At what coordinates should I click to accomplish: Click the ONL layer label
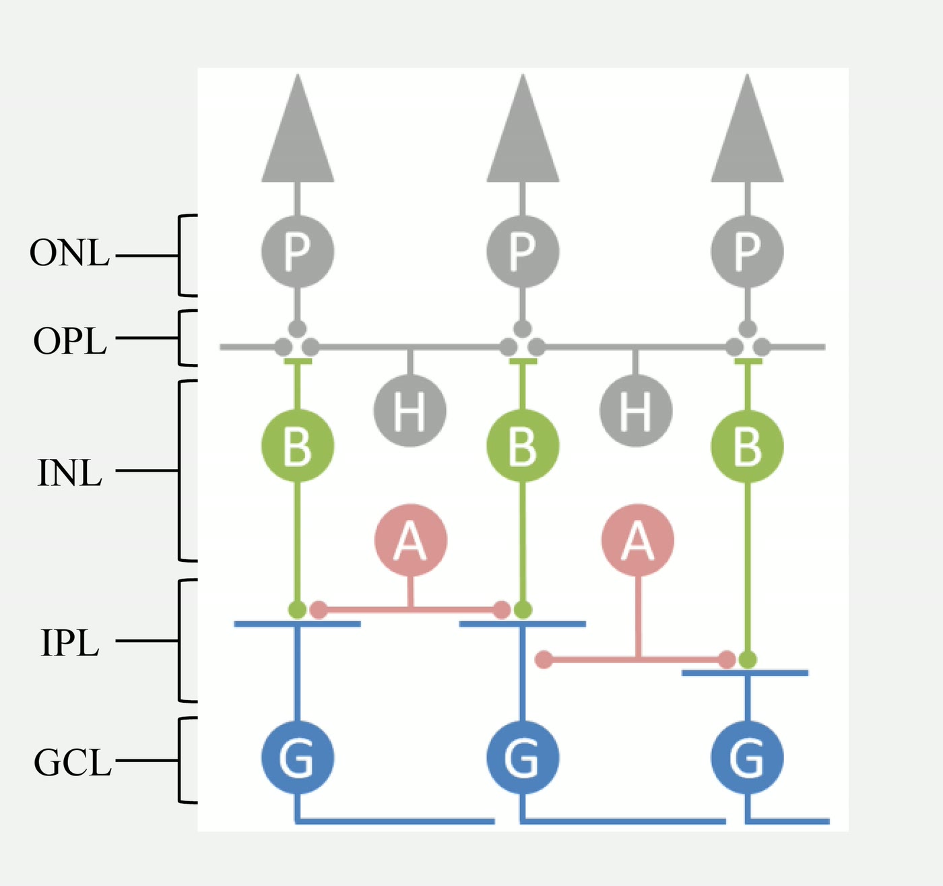pyautogui.click(x=69, y=253)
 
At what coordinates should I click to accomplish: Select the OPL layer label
pyautogui.click(x=70, y=341)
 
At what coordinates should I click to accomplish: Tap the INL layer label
pyautogui.click(x=69, y=473)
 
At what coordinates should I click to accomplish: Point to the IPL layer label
pyautogui.click(x=70, y=643)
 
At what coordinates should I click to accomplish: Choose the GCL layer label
pyautogui.click(x=72, y=763)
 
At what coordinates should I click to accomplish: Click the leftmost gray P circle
pyautogui.click(x=298, y=251)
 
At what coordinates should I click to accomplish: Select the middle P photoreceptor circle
pyautogui.click(x=523, y=251)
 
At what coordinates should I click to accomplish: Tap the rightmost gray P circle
pyautogui.click(x=748, y=251)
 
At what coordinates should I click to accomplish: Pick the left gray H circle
pyautogui.click(x=410, y=410)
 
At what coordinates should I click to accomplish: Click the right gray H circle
pyautogui.click(x=636, y=410)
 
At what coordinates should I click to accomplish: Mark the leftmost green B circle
pyautogui.click(x=298, y=445)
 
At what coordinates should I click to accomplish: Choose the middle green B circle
pyautogui.click(x=523, y=445)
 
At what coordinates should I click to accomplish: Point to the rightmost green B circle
pyautogui.click(x=748, y=446)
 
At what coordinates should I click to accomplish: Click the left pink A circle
pyautogui.click(x=411, y=540)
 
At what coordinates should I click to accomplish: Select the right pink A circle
pyautogui.click(x=638, y=540)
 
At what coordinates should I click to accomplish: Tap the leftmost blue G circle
pyautogui.click(x=298, y=757)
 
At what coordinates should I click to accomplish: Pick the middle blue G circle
pyautogui.click(x=523, y=757)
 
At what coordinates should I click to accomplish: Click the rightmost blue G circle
pyautogui.click(x=748, y=757)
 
